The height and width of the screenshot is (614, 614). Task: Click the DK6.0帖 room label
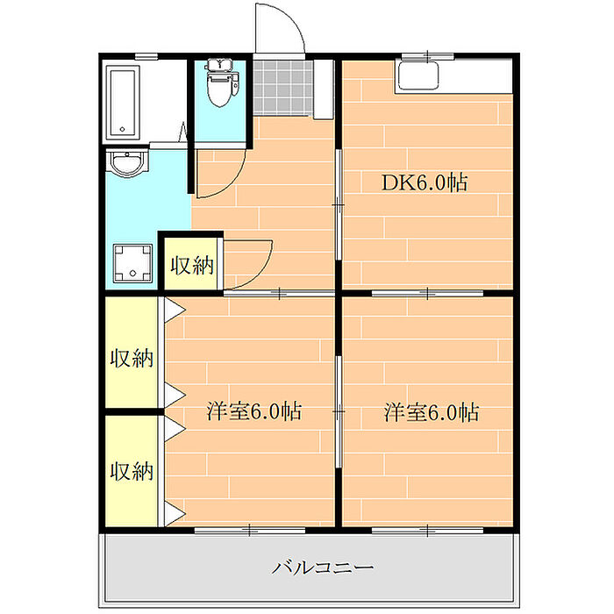tap(425, 182)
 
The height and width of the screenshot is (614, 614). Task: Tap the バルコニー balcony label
tap(323, 568)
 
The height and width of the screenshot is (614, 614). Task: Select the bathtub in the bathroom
tap(123, 103)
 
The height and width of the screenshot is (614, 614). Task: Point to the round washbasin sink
tap(128, 163)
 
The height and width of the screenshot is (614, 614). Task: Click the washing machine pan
tap(132, 263)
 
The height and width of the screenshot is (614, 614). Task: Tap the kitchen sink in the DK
tap(418, 75)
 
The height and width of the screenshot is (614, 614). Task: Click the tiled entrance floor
tap(282, 88)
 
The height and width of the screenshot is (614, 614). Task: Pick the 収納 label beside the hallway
tap(192, 266)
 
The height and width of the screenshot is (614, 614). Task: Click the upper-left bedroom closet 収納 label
tap(132, 358)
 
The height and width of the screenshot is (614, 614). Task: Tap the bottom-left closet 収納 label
tap(132, 471)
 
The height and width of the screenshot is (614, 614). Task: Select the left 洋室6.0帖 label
tap(253, 411)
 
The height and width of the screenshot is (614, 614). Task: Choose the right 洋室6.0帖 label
tap(432, 412)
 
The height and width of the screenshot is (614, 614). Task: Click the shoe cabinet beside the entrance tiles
tap(324, 89)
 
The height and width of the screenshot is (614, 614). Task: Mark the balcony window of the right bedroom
tap(427, 531)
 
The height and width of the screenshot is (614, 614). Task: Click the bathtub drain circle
tap(122, 129)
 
